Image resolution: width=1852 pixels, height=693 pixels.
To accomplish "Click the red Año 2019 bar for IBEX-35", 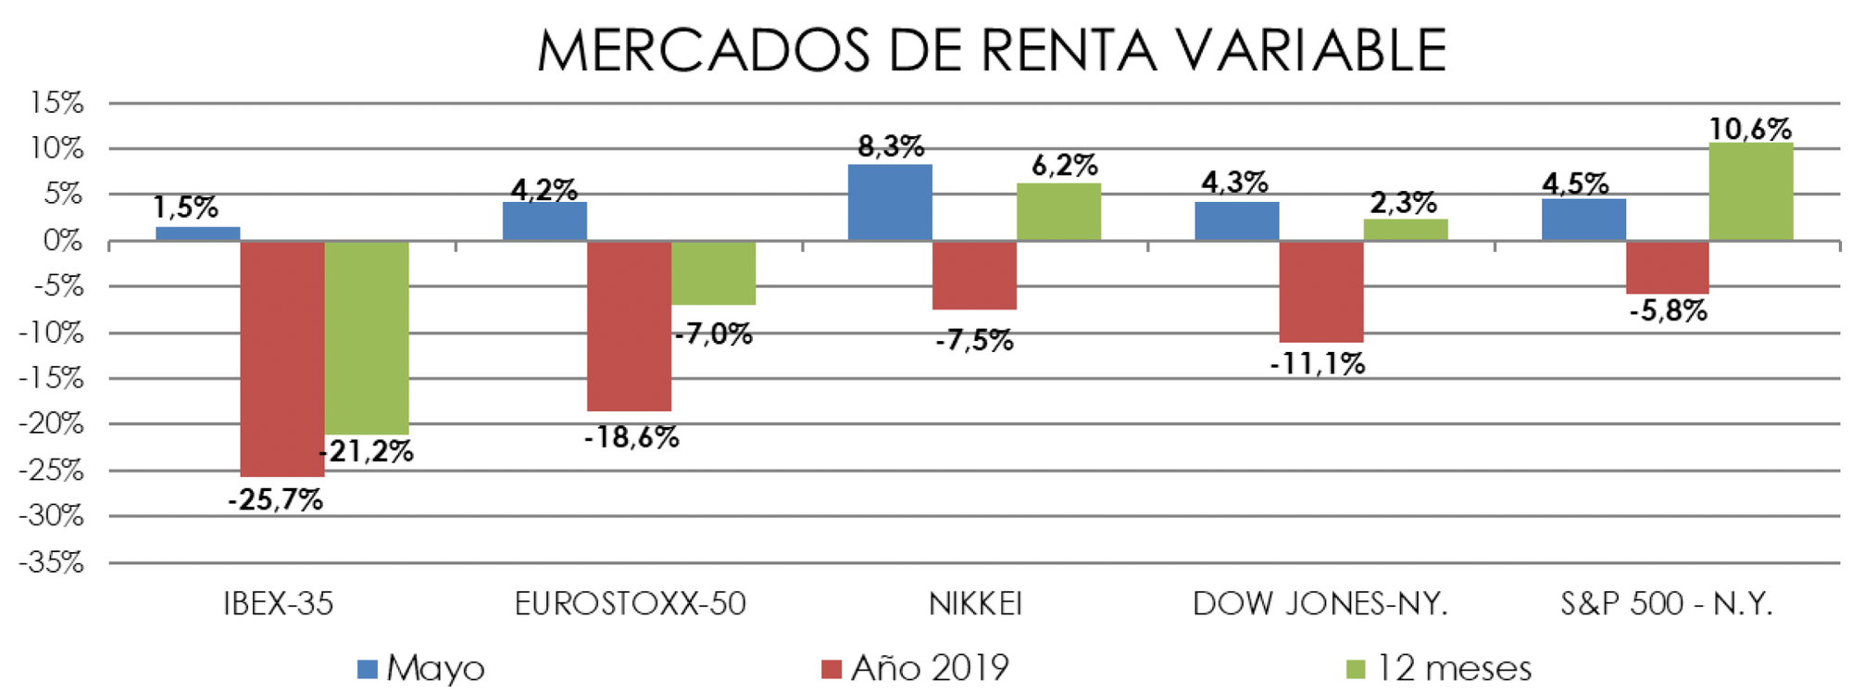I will point(282,359).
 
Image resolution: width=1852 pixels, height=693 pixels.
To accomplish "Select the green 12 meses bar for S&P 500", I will point(1750,192).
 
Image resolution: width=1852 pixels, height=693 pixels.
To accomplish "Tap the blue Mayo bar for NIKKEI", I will point(890,203).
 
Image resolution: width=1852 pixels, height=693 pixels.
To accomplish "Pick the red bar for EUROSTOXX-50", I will point(630,325).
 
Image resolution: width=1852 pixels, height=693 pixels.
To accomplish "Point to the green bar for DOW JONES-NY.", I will point(1405,230).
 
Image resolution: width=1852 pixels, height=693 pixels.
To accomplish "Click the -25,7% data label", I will point(275,500).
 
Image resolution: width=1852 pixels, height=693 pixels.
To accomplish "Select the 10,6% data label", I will point(1750,129).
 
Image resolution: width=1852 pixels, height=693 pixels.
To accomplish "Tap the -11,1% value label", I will point(1317,364).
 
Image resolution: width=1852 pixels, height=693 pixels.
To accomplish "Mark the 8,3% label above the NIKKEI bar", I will point(890,146).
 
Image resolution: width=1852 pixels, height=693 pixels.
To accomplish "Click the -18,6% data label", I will point(632,437).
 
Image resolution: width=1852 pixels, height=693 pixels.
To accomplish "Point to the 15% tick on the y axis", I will point(56,103).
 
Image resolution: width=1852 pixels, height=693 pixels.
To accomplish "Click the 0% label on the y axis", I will point(62,241).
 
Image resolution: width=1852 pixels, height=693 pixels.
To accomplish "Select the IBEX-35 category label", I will point(278,604).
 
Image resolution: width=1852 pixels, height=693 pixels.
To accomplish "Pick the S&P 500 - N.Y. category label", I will point(1666,604).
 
